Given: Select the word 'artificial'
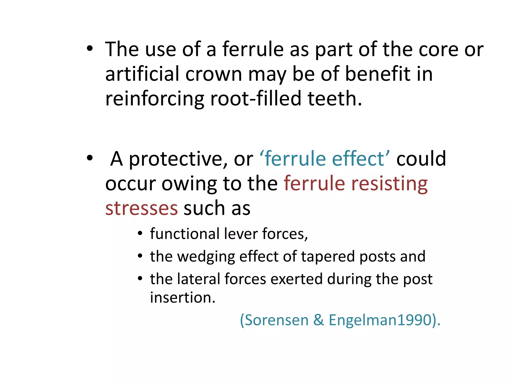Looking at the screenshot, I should (x=143, y=74).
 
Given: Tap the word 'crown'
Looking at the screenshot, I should (x=214, y=74).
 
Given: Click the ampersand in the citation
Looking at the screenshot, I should (x=318, y=320).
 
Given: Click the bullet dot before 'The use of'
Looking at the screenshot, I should (x=89, y=48).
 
